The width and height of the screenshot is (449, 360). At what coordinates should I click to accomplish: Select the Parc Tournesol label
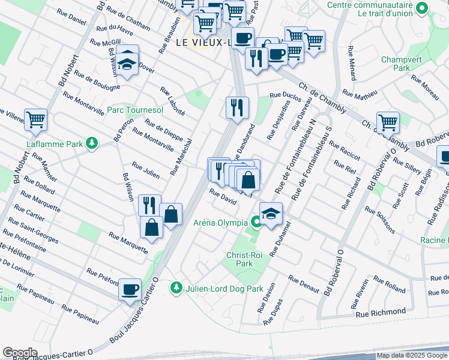[x=135, y=110]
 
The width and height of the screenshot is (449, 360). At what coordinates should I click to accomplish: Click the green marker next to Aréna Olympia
[x=256, y=223]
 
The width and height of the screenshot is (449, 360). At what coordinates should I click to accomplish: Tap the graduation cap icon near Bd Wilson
[x=127, y=60]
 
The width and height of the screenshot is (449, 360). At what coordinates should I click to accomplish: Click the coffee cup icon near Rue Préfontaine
[x=130, y=290]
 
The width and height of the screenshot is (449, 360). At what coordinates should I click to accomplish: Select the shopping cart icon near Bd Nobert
[x=35, y=119]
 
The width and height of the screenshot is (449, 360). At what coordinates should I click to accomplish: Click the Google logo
[x=20, y=353]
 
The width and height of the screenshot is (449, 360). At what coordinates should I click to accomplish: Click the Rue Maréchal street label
[x=181, y=157]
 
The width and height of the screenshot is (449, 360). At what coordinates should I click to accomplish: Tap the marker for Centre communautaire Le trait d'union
[x=422, y=8]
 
